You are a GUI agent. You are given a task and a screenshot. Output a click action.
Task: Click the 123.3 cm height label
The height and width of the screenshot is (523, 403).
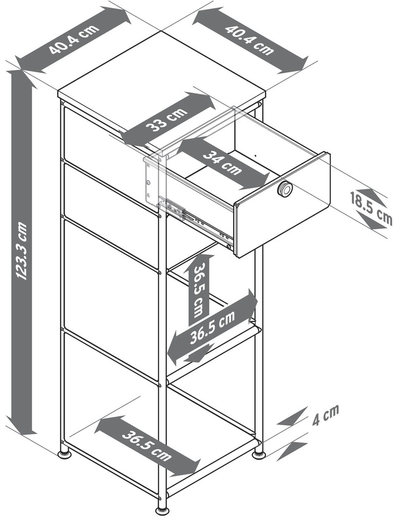[22, 251]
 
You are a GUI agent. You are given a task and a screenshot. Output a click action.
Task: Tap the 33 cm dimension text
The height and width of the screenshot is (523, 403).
[167, 119]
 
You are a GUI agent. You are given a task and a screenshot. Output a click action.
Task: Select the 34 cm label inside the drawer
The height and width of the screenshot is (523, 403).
[222, 163]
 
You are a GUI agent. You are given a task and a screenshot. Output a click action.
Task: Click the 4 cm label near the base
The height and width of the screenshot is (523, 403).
[325, 415]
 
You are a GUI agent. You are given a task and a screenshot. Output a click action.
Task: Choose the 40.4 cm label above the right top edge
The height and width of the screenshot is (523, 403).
[249, 39]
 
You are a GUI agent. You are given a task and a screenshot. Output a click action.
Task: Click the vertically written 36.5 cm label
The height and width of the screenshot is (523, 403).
[199, 290]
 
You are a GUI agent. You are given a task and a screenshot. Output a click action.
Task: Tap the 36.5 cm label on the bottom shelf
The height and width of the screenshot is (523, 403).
[147, 445]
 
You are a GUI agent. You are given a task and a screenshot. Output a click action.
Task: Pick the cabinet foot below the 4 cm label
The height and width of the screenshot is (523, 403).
[258, 454]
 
